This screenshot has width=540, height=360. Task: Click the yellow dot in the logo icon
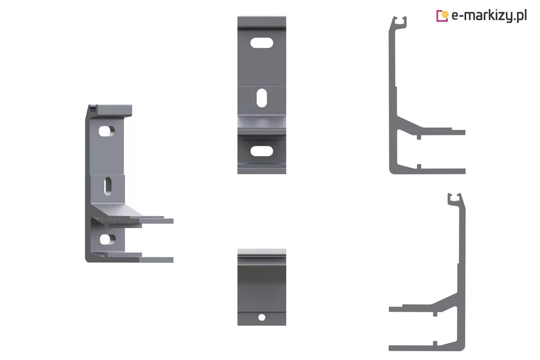(x=445, y=15)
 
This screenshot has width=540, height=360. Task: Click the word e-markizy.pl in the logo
(x=489, y=16)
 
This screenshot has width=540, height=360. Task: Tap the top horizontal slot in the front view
(x=261, y=43)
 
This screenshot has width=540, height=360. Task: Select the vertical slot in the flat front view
(x=261, y=98)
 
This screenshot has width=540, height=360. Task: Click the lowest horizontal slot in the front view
(x=261, y=151)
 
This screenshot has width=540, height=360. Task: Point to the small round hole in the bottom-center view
(x=262, y=318)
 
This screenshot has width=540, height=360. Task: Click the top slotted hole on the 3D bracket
(x=106, y=131)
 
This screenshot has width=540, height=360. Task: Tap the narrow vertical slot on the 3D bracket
(x=108, y=186)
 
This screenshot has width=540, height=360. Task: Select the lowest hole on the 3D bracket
(x=107, y=239)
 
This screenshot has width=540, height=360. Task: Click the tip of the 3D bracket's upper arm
(x=173, y=221)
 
